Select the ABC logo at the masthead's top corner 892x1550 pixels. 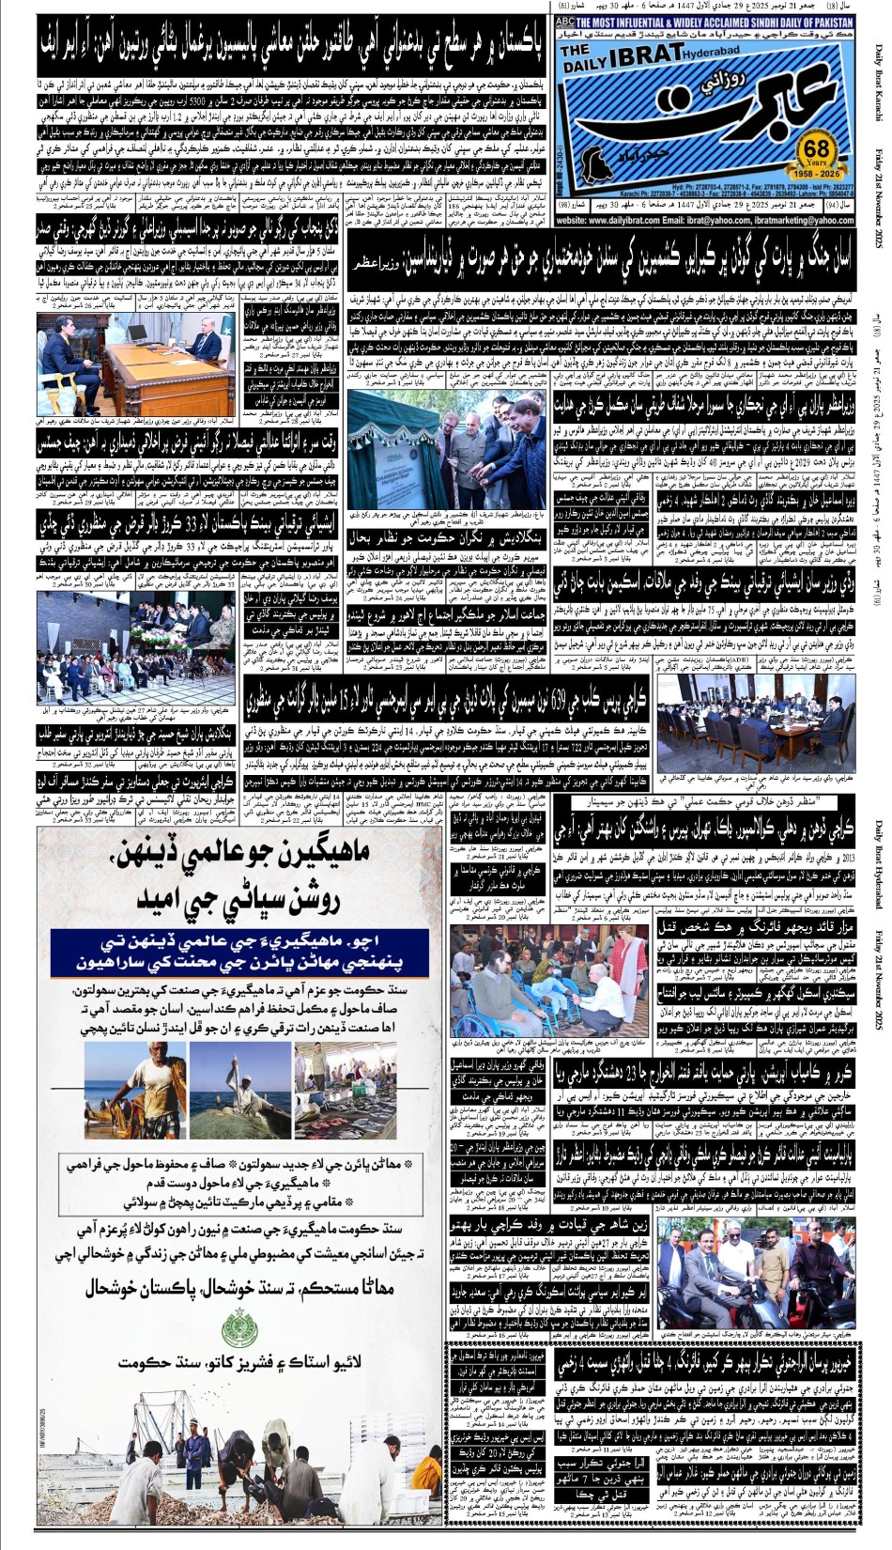pyautogui.click(x=565, y=21)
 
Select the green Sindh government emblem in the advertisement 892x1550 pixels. pyautogui.click(x=238, y=1329)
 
